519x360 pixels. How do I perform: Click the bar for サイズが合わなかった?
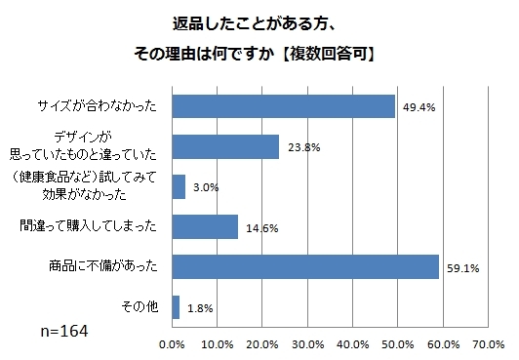tap(283, 105)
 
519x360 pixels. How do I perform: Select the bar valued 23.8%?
tap(225, 146)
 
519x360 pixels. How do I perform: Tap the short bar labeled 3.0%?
tap(179, 186)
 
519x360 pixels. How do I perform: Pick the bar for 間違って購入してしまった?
tap(205, 226)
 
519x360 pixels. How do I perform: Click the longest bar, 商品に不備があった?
tap(305, 266)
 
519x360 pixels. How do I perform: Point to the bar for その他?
tap(176, 306)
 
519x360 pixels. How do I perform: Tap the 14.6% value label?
tap(256, 228)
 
